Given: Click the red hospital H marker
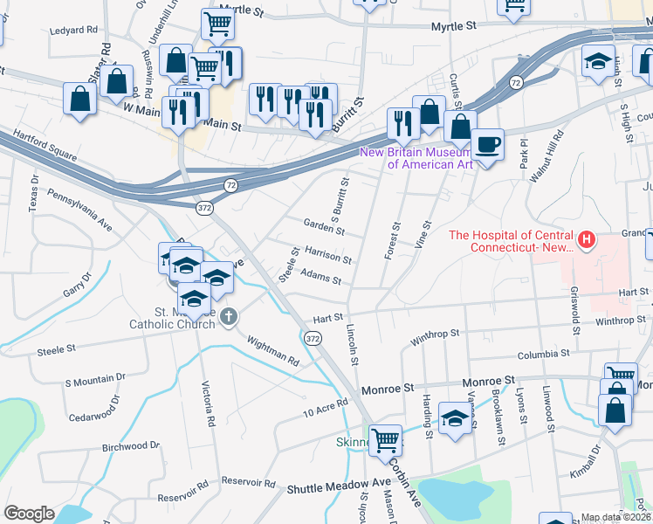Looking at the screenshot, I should pos(587,239).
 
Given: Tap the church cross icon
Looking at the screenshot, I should pos(229,316).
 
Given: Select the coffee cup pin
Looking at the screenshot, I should pos(487,144).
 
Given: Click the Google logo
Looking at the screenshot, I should pos(30,514).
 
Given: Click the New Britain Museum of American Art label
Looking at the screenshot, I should pos(417,158).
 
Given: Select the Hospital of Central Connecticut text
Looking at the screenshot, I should pos(509,240).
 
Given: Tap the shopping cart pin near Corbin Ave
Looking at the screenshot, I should pos(385,439).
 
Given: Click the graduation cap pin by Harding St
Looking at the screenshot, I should pos(455,417).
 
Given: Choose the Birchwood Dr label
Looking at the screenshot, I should pos(131,445).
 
